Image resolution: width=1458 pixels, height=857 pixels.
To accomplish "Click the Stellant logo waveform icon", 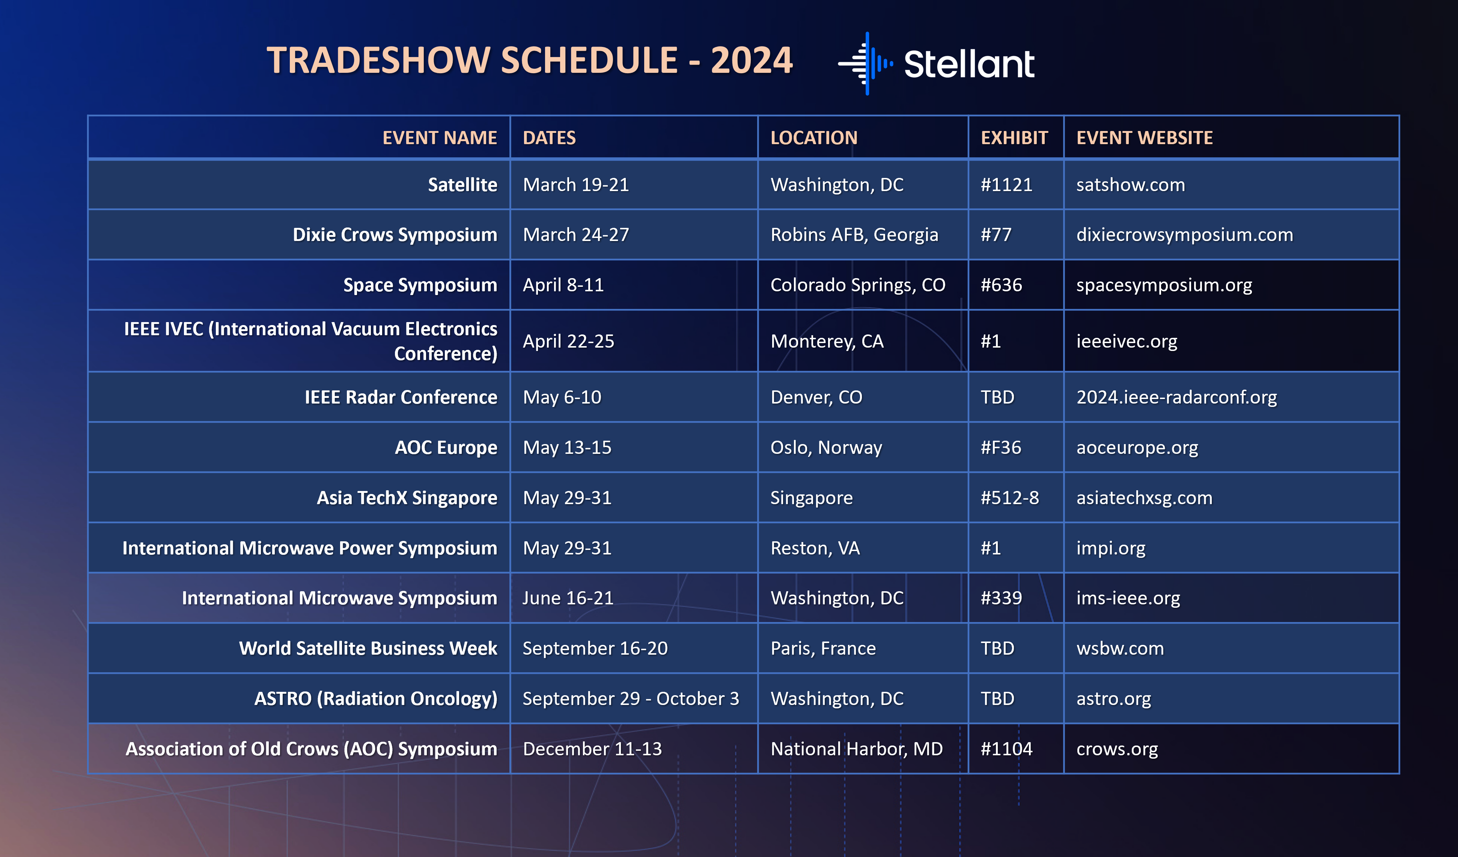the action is pyautogui.click(x=866, y=64).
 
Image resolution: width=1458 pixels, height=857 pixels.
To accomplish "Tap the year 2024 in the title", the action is pyautogui.click(x=752, y=60).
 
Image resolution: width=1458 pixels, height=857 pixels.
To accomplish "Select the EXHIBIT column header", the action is pyautogui.click(x=1014, y=138).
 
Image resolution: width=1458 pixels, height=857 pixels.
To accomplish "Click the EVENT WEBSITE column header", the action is pyautogui.click(x=1145, y=138).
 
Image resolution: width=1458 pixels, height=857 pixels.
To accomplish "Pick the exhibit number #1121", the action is pyautogui.click(x=1006, y=185).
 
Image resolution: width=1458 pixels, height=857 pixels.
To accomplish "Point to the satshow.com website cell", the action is pyautogui.click(x=1131, y=185).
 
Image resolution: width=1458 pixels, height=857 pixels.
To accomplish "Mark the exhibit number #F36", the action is pyautogui.click(x=1001, y=447).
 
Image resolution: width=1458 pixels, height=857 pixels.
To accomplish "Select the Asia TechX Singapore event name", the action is pyautogui.click(x=407, y=498).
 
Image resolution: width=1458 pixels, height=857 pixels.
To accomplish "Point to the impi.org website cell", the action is pyautogui.click(x=1110, y=548).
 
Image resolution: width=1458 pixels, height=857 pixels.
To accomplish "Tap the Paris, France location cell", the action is pyautogui.click(x=823, y=649).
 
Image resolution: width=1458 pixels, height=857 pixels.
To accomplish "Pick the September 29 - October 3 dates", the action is pyautogui.click(x=631, y=699).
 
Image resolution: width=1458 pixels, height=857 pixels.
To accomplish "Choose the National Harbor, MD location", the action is pyautogui.click(x=856, y=749).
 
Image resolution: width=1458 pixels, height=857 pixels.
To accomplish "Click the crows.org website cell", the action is pyautogui.click(x=1117, y=749).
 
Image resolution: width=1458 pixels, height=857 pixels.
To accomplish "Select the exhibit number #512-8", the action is pyautogui.click(x=1010, y=498).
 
